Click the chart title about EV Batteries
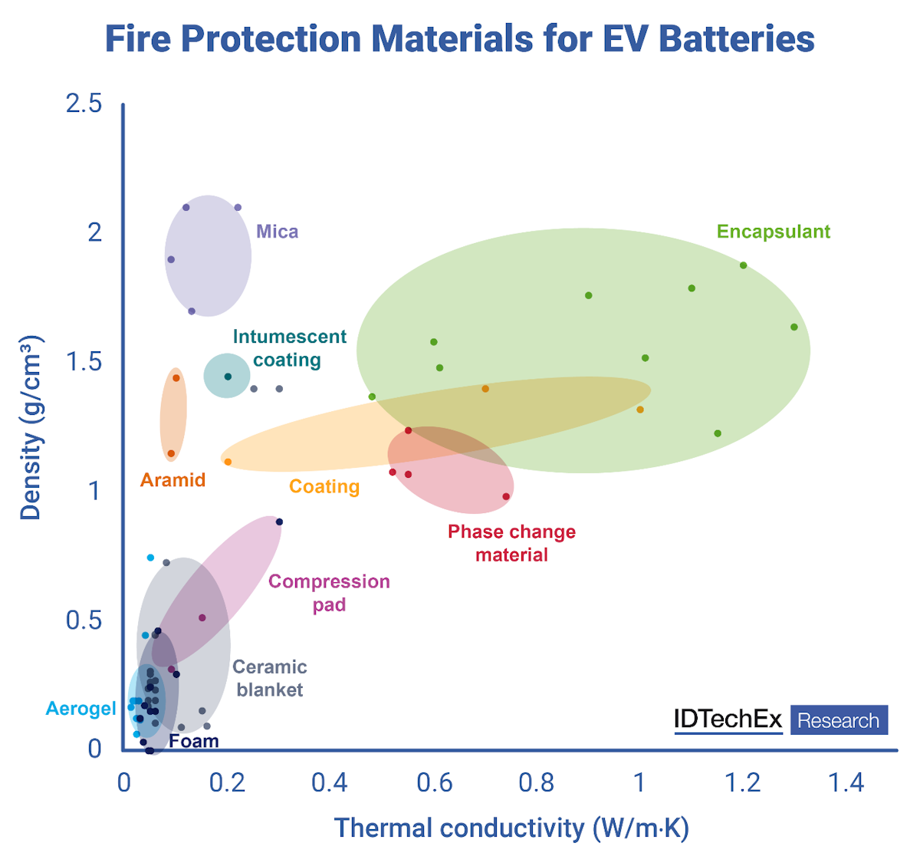pos(459,38)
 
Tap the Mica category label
pos(277,232)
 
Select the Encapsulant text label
pos(773,232)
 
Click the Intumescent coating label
pos(289,348)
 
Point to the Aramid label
pos(173,480)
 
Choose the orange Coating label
pos(324,486)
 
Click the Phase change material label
pos(511,543)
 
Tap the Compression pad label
pos(329,593)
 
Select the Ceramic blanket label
pos(270,678)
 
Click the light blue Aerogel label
pos(81,709)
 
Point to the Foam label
pos(194,741)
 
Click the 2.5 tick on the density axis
pos(84,103)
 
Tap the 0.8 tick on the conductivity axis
pos(537,782)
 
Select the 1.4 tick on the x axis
pos(846,782)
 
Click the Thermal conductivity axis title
pos(511,828)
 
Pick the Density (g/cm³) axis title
pos(31,428)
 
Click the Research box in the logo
pos(839,720)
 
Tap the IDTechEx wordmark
pos(728,719)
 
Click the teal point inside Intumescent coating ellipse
pos(228,377)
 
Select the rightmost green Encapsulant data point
pos(794,327)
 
